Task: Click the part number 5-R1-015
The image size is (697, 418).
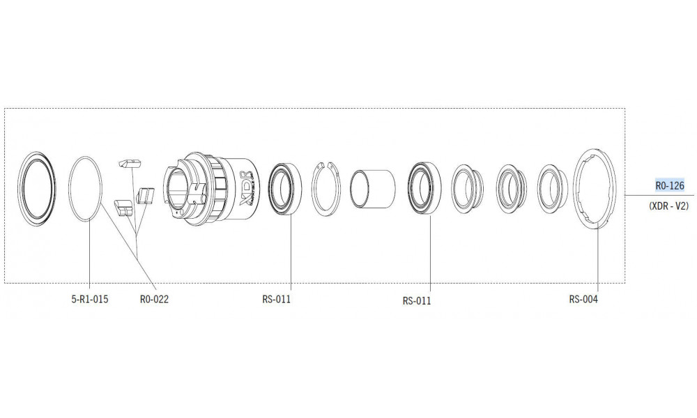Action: tap(89, 300)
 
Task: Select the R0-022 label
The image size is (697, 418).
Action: tap(154, 300)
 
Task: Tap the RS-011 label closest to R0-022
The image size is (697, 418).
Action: tap(277, 300)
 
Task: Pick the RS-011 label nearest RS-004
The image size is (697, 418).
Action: tap(417, 301)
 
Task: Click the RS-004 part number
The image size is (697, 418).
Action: tap(583, 300)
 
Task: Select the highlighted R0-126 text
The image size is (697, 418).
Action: tap(670, 185)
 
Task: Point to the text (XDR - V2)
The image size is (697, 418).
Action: tap(668, 206)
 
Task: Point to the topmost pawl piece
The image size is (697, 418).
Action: tap(130, 164)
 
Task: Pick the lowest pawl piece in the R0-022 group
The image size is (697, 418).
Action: tap(123, 208)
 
